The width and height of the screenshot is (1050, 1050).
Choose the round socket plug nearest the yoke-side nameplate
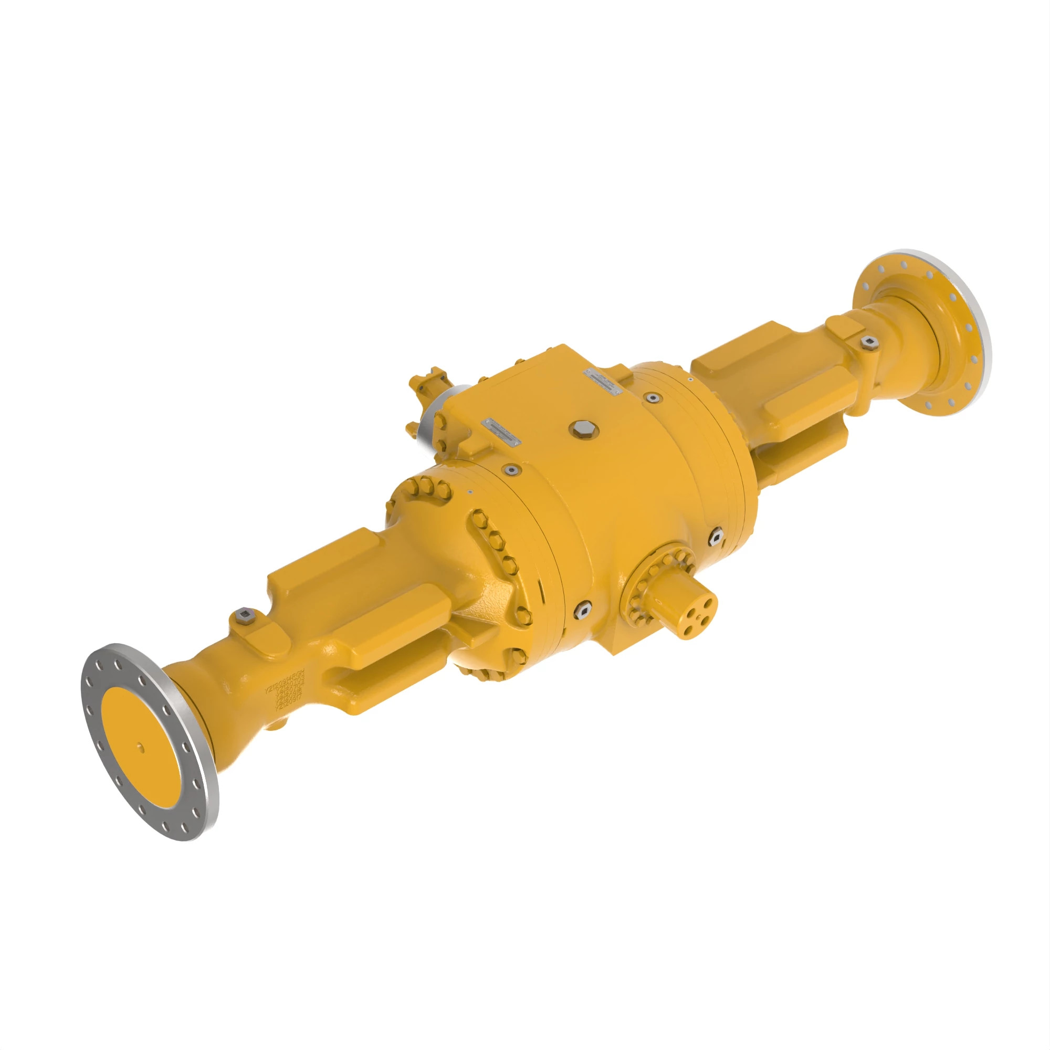point(511,469)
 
